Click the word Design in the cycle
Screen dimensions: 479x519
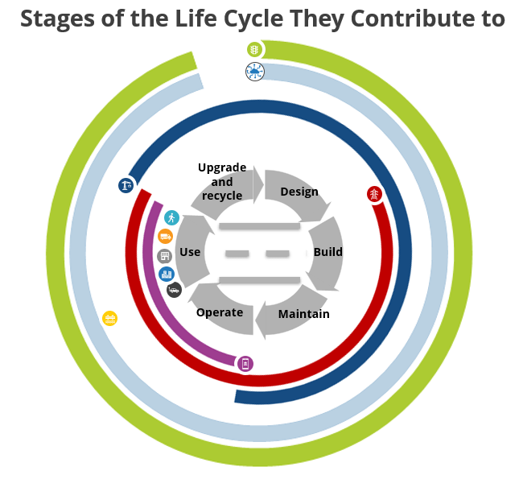click(x=299, y=192)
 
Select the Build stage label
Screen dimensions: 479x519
click(x=327, y=252)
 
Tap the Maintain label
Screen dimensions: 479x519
click(x=304, y=313)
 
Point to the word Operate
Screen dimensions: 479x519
click(x=220, y=312)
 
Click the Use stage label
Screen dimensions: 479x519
click(x=190, y=252)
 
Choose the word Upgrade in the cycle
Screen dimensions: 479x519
click(x=222, y=167)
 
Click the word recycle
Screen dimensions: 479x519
click(x=222, y=196)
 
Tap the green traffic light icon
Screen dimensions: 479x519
click(x=254, y=50)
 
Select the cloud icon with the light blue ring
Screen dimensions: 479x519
click(x=254, y=73)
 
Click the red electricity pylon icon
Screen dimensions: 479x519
click(x=374, y=194)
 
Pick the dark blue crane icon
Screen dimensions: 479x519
click(x=126, y=186)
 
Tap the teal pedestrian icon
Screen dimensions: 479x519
click(x=171, y=217)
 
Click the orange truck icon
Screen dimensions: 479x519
click(x=165, y=236)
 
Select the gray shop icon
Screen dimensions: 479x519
click(x=165, y=256)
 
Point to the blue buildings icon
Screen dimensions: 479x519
click(x=167, y=275)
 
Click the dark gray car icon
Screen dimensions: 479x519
click(x=174, y=290)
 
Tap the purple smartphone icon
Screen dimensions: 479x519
click(x=245, y=363)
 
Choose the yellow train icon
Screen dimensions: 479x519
click(x=110, y=319)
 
